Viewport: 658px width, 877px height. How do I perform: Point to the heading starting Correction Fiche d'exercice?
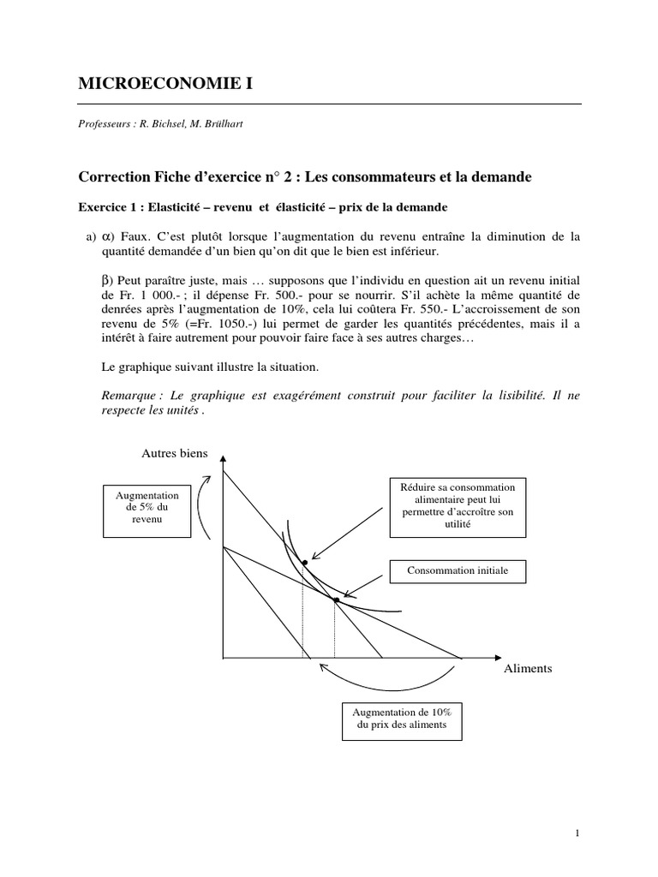(305, 177)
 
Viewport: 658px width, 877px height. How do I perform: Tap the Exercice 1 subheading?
(262, 207)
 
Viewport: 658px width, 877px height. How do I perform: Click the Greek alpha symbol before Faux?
(108, 236)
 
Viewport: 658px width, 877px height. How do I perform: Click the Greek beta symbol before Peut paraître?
(107, 280)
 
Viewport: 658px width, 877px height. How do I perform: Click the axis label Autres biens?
(174, 453)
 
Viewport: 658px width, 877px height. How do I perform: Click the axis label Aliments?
(528, 668)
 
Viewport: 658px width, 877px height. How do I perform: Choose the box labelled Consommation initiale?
(458, 570)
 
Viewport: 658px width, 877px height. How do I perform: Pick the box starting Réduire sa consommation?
(458, 506)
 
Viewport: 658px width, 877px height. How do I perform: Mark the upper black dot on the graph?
(304, 562)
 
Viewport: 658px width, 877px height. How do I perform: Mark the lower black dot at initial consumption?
(336, 600)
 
